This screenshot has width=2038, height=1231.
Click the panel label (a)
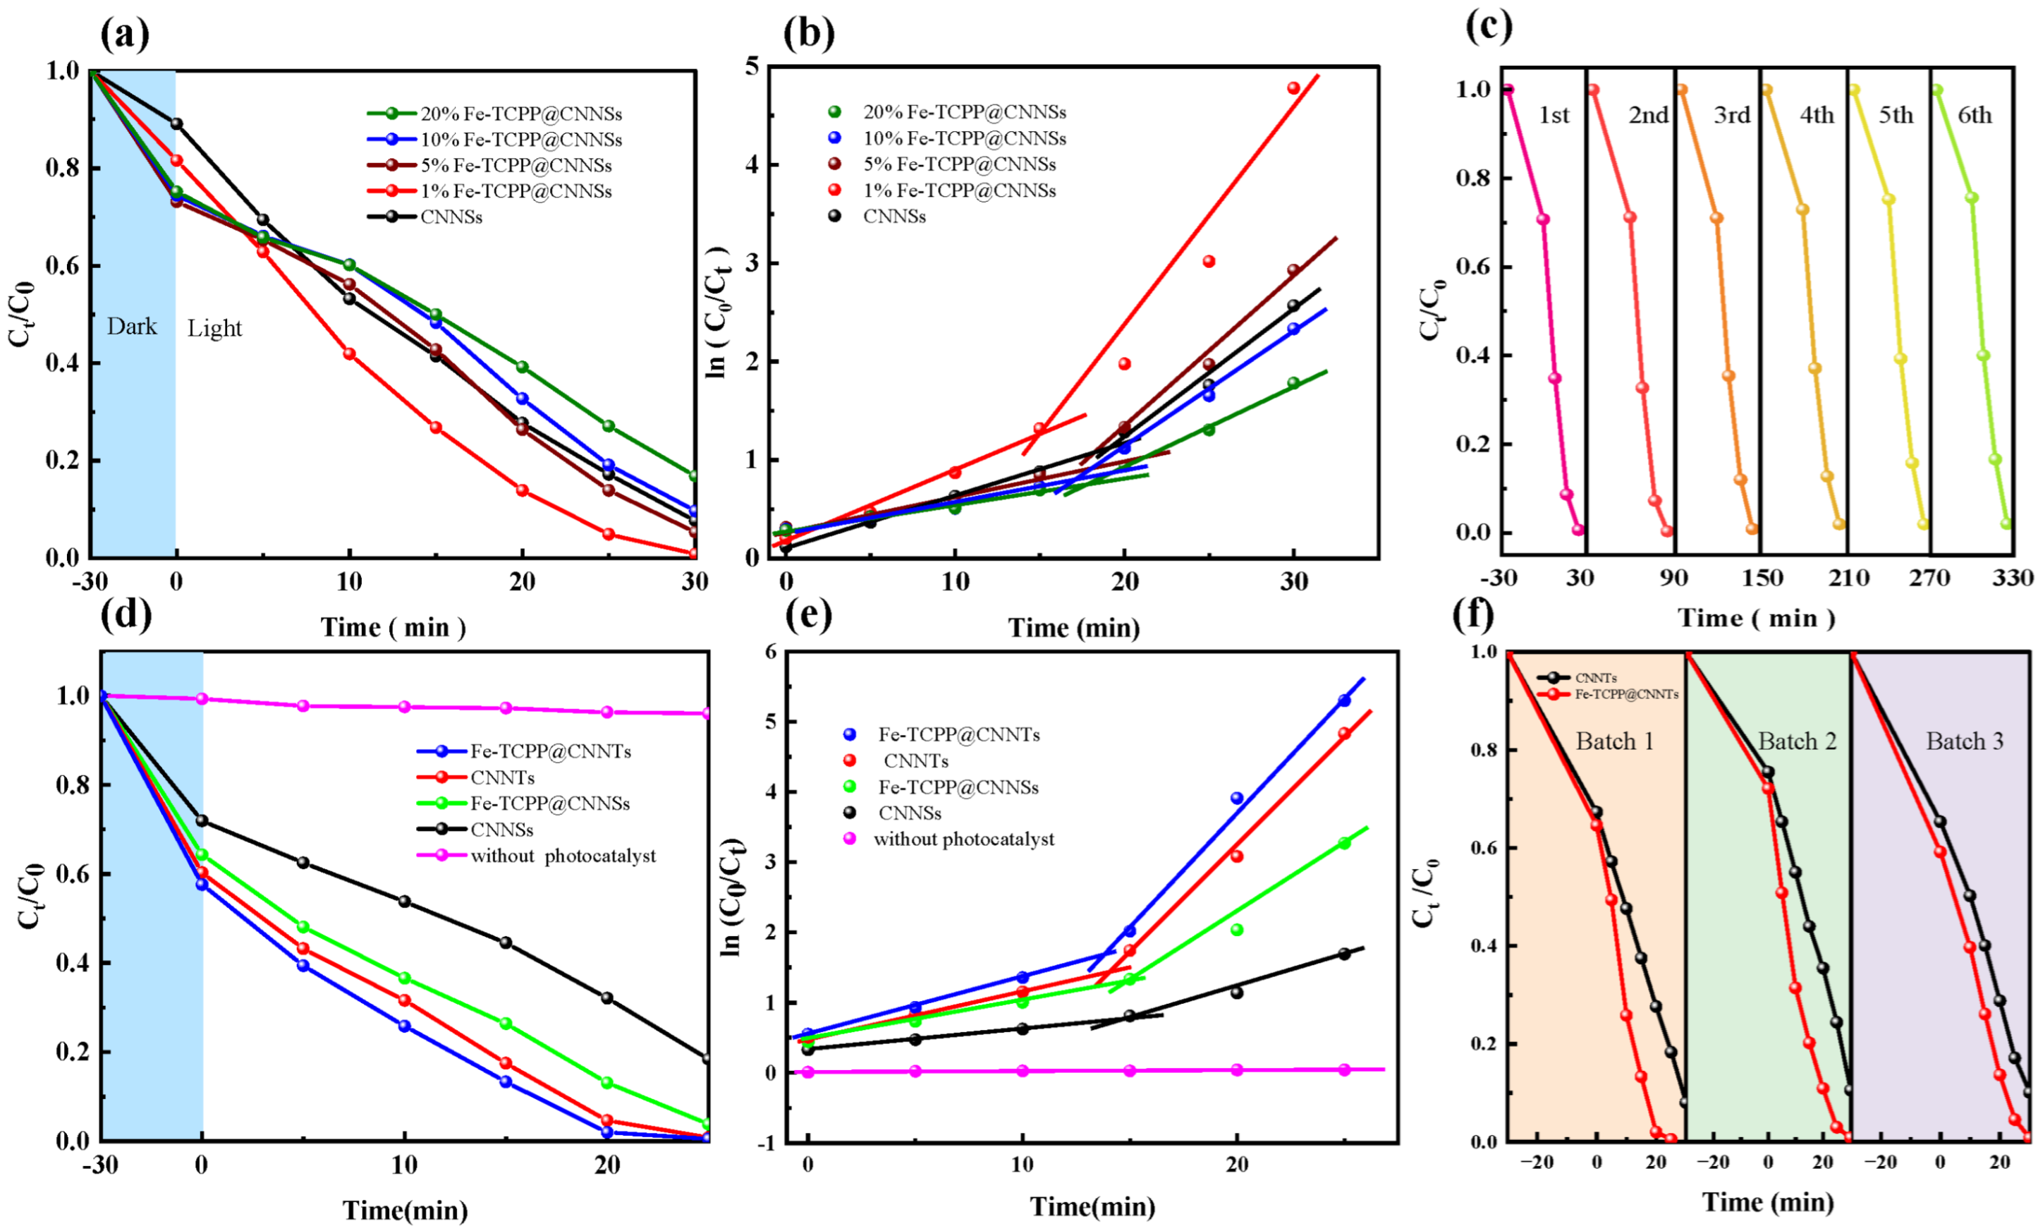pos(125,35)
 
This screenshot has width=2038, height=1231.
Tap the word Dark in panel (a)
pos(131,327)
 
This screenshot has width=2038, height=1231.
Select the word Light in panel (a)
pos(214,329)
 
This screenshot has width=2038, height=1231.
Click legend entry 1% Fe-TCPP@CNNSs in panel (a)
pos(515,191)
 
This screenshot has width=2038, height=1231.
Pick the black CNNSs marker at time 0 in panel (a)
pos(176,124)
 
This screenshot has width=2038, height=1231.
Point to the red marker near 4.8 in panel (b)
pos(1293,88)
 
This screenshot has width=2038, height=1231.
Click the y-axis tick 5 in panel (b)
pos(752,66)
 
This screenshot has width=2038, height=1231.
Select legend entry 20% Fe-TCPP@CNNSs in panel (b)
pos(963,111)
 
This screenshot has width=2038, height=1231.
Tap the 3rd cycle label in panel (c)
pos(1731,115)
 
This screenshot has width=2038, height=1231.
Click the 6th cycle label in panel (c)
pos(1975,115)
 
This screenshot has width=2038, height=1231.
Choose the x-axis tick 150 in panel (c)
pos(1762,578)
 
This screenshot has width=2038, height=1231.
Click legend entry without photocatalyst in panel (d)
pos(563,856)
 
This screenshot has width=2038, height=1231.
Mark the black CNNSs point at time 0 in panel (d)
pos(201,820)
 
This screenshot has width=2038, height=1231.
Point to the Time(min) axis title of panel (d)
pos(405,1211)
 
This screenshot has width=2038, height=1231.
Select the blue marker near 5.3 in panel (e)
pos(1344,701)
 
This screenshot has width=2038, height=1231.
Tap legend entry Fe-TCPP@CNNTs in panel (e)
pos(958,734)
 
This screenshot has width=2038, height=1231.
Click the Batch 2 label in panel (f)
pos(1797,741)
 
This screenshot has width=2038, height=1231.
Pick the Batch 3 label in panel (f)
pos(1965,741)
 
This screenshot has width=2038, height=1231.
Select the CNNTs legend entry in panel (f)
pos(1597,677)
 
